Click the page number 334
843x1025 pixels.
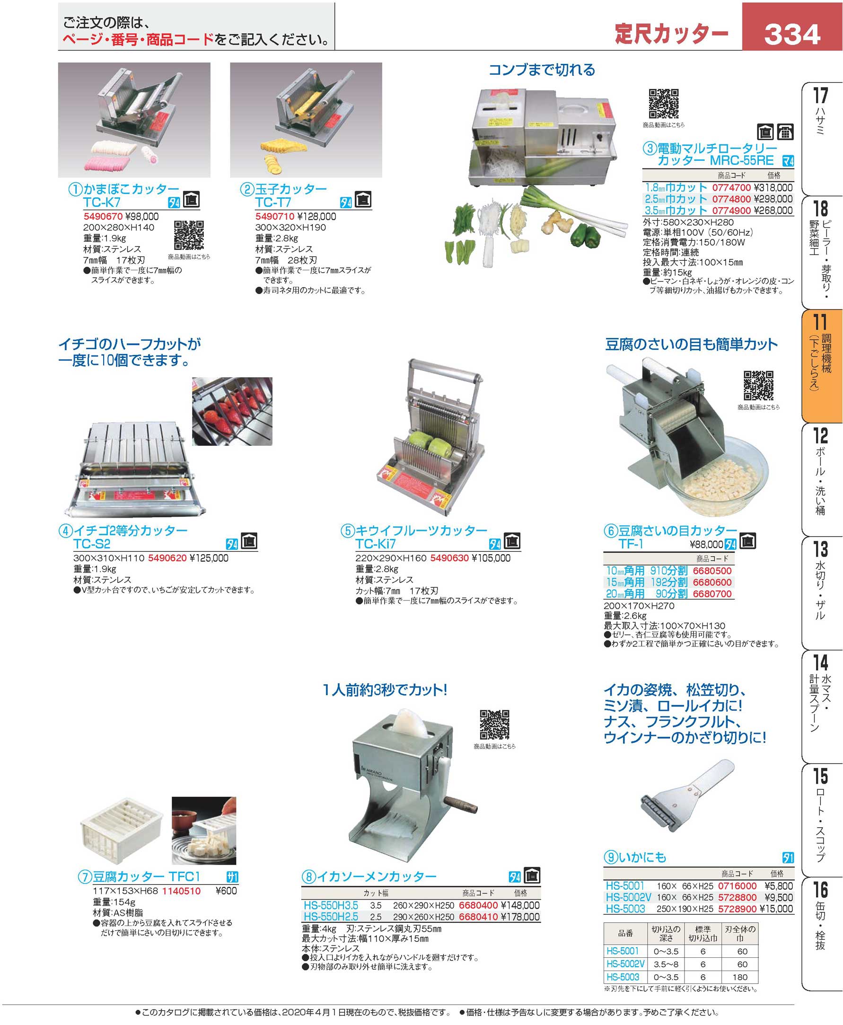(792, 35)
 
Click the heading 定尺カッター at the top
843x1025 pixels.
(672, 34)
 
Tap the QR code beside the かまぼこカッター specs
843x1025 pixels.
(189, 235)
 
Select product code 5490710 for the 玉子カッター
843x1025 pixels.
(275, 217)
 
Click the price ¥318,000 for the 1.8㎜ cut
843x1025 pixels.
(773, 187)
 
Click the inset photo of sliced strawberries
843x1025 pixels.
(232, 411)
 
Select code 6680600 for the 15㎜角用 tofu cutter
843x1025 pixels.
(712, 583)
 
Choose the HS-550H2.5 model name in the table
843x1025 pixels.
(331, 917)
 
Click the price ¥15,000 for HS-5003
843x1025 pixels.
(776, 909)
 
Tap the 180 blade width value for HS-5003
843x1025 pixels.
(740, 977)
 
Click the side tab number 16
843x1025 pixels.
(821, 890)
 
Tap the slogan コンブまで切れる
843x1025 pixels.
(542, 70)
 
